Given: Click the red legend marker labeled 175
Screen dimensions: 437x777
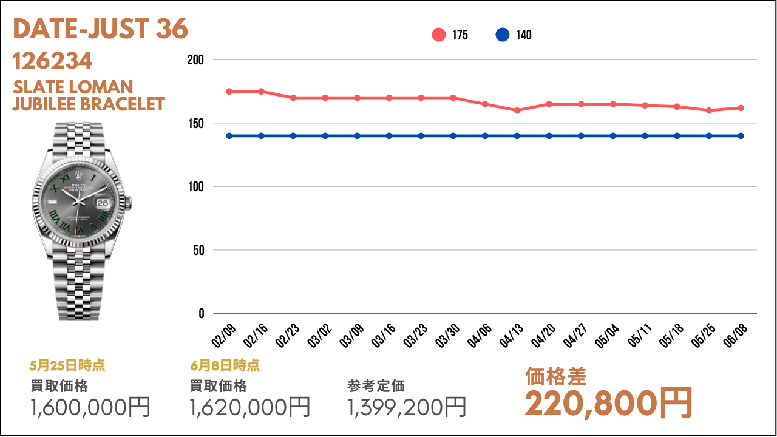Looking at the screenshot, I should tap(439, 35).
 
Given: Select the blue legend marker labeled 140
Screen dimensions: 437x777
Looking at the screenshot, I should tap(502, 35).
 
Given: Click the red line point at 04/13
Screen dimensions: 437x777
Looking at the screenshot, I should tap(517, 110).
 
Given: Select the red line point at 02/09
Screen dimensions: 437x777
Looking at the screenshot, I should tap(229, 91).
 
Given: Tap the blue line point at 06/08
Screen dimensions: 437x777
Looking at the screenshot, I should tap(741, 136).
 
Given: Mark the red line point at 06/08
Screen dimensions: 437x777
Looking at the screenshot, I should tap(741, 108).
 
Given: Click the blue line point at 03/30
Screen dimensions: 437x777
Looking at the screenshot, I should tap(453, 136).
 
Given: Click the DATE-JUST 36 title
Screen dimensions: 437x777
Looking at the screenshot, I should tap(100, 29).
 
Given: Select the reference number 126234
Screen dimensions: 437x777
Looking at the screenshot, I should tap(52, 61).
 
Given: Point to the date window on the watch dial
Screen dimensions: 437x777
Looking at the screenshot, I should tap(103, 203).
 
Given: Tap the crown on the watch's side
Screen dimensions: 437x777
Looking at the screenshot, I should tap(129, 202).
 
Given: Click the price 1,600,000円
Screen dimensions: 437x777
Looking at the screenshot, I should tap(90, 407).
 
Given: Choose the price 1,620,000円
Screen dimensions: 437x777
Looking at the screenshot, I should tap(250, 407).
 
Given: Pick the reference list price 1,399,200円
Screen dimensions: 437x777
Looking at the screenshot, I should tap(407, 407).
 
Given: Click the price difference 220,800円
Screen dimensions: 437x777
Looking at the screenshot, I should tap(609, 402).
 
